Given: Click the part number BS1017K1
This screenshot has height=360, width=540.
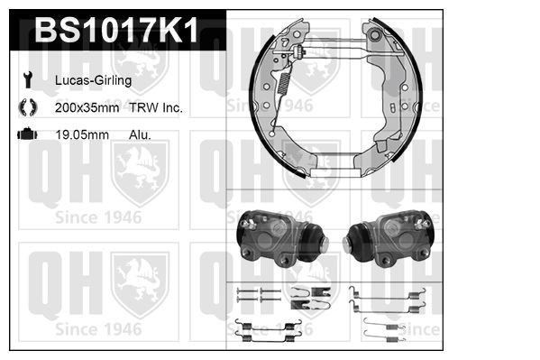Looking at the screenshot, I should pyautogui.click(x=116, y=32).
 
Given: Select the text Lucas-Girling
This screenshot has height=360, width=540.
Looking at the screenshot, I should pyautogui.click(x=95, y=80).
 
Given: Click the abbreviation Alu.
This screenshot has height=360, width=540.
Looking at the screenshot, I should pyautogui.click(x=140, y=134).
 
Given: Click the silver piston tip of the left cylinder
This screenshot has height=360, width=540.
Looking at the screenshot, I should pyautogui.click(x=324, y=244).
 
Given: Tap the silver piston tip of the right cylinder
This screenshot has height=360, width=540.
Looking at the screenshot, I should pyautogui.click(x=348, y=244).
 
